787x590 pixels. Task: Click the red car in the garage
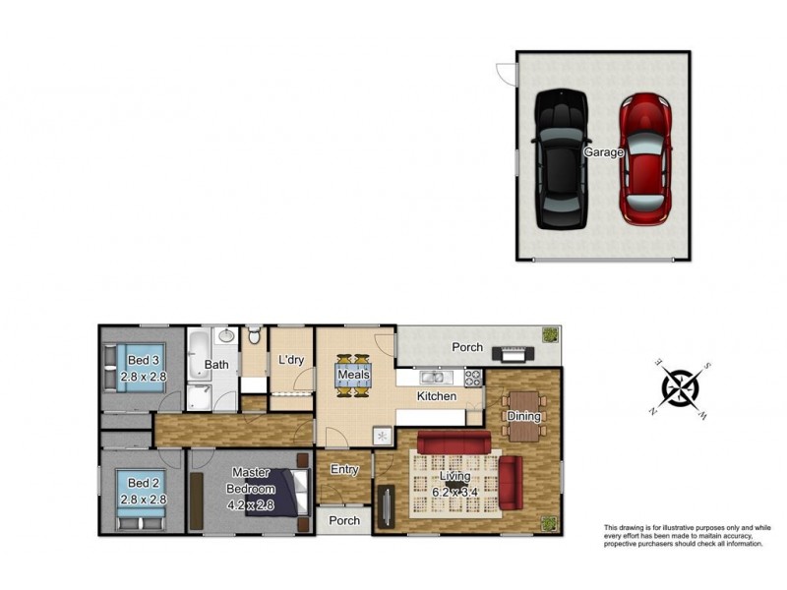pos(645,159)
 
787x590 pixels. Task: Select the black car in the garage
pos(561,159)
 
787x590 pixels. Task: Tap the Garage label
pos(603,152)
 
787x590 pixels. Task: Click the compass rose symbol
pos(681,388)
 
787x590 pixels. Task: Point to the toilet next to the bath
pos(255,334)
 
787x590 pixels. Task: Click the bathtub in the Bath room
pos(200,355)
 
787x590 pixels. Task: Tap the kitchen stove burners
pos(473,378)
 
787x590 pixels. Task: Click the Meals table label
pos(353,375)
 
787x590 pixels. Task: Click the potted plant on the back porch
pos(550,334)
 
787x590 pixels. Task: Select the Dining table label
pos(523,416)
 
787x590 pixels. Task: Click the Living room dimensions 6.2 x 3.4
pos(454,493)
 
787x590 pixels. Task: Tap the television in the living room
pos(386,506)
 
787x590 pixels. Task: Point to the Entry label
pos(344,469)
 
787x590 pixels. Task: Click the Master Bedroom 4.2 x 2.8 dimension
pos(251,504)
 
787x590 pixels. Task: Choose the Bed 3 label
pos(143,360)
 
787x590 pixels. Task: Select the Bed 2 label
pos(143,483)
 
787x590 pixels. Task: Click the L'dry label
pos(291,360)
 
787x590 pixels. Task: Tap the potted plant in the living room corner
pos(550,523)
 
